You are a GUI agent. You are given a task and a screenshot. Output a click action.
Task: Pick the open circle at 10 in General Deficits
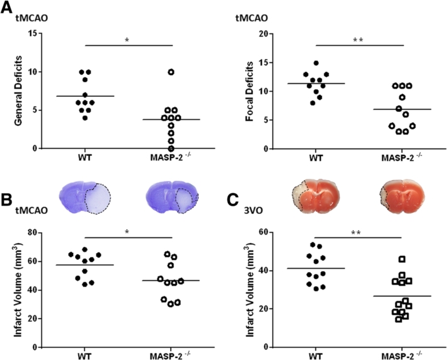tap(171, 72)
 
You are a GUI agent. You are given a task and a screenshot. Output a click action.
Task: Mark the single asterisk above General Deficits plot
tap(127, 40)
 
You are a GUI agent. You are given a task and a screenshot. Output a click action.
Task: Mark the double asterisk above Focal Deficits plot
tap(357, 40)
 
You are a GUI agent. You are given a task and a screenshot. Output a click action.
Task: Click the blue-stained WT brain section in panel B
tap(84, 196)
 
